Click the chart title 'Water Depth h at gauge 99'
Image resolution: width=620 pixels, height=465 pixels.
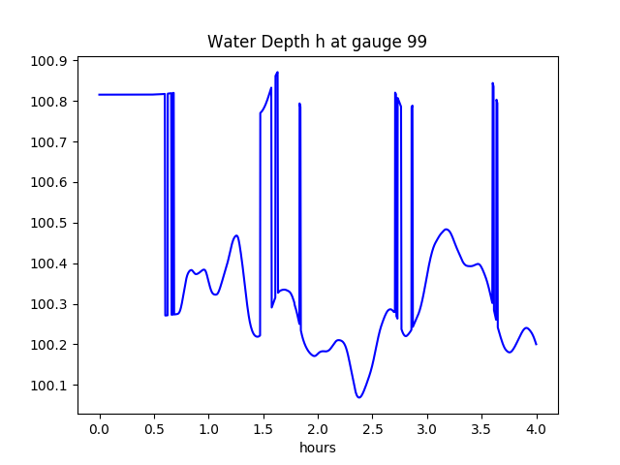click(x=317, y=43)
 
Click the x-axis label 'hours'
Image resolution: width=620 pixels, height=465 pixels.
click(x=317, y=449)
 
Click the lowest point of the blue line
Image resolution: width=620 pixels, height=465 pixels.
click(x=359, y=397)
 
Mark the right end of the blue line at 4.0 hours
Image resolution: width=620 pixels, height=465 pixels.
click(x=536, y=344)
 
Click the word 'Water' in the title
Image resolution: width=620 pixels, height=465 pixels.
click(x=228, y=43)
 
